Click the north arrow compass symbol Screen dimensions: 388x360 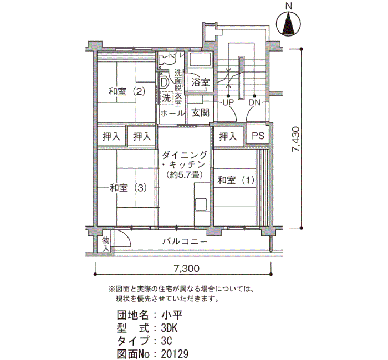pos(288,24)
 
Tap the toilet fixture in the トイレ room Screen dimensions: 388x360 pos(167,60)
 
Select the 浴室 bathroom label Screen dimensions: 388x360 pos(201,82)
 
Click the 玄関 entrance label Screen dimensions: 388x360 pos(201,112)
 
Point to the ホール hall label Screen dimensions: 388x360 pos(172,114)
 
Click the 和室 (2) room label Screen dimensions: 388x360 pos(126,91)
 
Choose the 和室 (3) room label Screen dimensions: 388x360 pos(128,188)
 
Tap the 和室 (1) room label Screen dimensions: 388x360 pos(236,180)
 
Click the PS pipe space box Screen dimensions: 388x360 pos(258,136)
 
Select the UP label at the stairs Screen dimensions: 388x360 pos(228,102)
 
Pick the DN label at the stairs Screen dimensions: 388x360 pos(254,102)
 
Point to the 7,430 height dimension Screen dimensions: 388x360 pos(296,139)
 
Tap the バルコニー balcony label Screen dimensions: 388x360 pos(185,241)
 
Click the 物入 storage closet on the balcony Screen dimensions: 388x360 pos(106,244)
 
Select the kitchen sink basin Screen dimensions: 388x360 pos(201,205)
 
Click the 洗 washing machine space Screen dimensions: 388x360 pos(166,98)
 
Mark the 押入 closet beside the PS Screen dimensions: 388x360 pos(228,136)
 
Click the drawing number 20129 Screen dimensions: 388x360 pos(175,354)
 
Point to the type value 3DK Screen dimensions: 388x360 pos(169,328)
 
